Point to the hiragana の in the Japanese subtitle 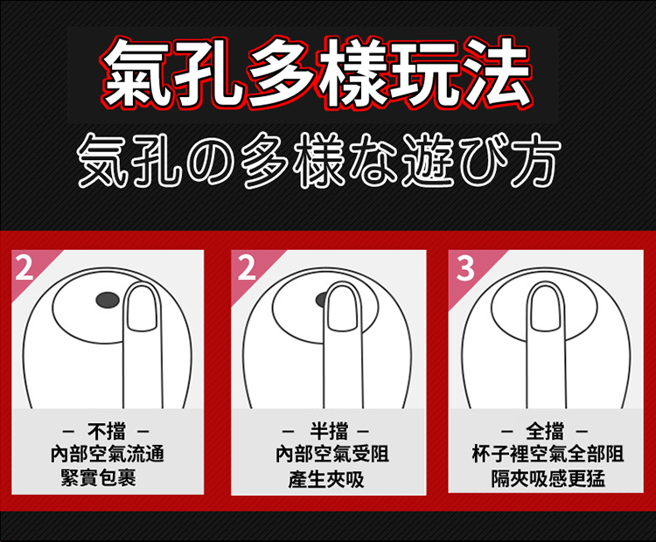click(208, 161)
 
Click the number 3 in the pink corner click(465, 268)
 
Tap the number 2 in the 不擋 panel click(24, 268)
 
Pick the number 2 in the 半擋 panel click(246, 268)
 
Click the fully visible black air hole click(108, 300)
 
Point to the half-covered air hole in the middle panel click(321, 300)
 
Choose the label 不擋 click(106, 431)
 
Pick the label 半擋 click(328, 431)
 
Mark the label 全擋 click(545, 431)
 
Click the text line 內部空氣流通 click(107, 455)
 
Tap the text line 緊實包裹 click(98, 477)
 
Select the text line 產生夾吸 click(326, 479)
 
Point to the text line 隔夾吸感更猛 click(548, 478)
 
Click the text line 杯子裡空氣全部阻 click(548, 455)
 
